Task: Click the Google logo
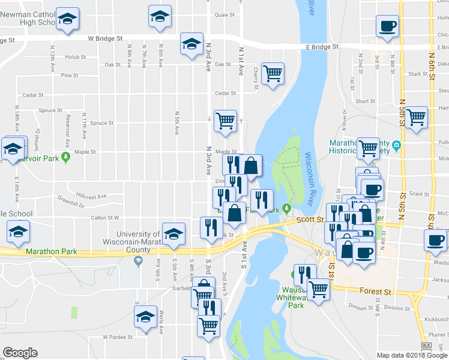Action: (x=20, y=353)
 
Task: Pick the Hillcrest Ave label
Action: (x=91, y=196)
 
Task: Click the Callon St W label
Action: (x=104, y=218)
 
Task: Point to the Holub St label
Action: (x=76, y=57)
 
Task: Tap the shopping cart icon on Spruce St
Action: (x=226, y=120)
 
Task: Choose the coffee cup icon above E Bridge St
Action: (x=387, y=26)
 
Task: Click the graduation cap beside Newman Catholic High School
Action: (x=67, y=19)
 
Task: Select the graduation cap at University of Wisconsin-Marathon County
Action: (x=173, y=234)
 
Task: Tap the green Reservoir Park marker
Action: (x=67, y=157)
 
